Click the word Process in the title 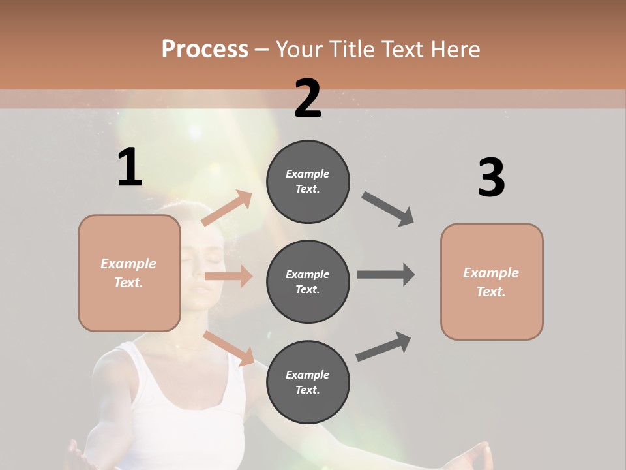[205, 49]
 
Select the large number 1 [130, 168]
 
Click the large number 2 [308, 99]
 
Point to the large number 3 [491, 178]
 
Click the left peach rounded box [129, 273]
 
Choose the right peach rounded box [492, 282]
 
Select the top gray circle [308, 181]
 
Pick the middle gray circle [308, 281]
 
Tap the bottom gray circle [308, 382]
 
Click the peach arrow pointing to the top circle [227, 208]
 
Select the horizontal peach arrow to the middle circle [228, 276]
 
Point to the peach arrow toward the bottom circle [228, 348]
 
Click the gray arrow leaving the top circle [388, 209]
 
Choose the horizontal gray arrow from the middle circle [386, 274]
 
